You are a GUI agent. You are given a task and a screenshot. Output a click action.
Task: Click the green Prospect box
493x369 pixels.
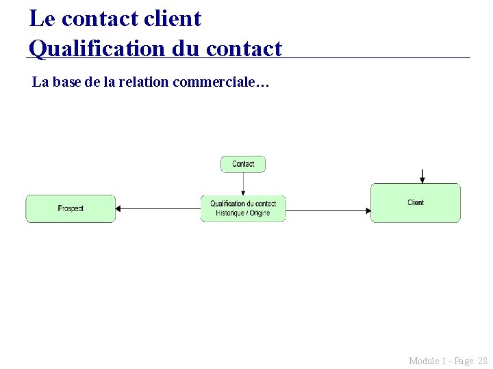point(71,208)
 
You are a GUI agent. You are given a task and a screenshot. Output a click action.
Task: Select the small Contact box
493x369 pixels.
point(243,164)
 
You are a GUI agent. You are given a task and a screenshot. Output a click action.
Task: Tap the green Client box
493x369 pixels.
point(416,202)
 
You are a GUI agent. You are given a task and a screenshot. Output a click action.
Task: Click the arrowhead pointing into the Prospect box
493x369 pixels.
point(118,209)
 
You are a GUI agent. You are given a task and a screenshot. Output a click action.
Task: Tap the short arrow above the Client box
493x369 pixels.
point(422,176)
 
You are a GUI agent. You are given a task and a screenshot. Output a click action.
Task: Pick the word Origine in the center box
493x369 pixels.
point(259,213)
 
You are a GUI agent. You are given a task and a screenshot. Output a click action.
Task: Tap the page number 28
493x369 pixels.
point(482,360)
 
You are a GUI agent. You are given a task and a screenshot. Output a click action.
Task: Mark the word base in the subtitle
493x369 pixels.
point(63,83)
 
